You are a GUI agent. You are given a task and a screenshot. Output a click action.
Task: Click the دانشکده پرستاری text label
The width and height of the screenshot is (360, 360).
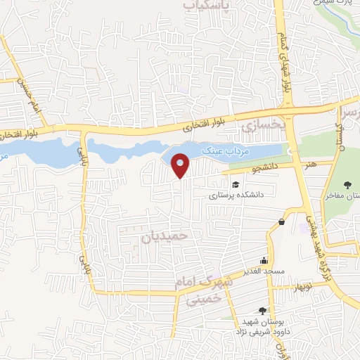(x=235, y=195)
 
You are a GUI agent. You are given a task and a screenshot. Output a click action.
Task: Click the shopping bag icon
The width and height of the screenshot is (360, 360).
(x=282, y=222)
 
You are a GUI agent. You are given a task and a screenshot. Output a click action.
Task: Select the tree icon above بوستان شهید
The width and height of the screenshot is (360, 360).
(x=262, y=310)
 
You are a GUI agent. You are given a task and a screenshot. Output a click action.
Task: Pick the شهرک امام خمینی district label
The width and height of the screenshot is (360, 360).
(x=203, y=289)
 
